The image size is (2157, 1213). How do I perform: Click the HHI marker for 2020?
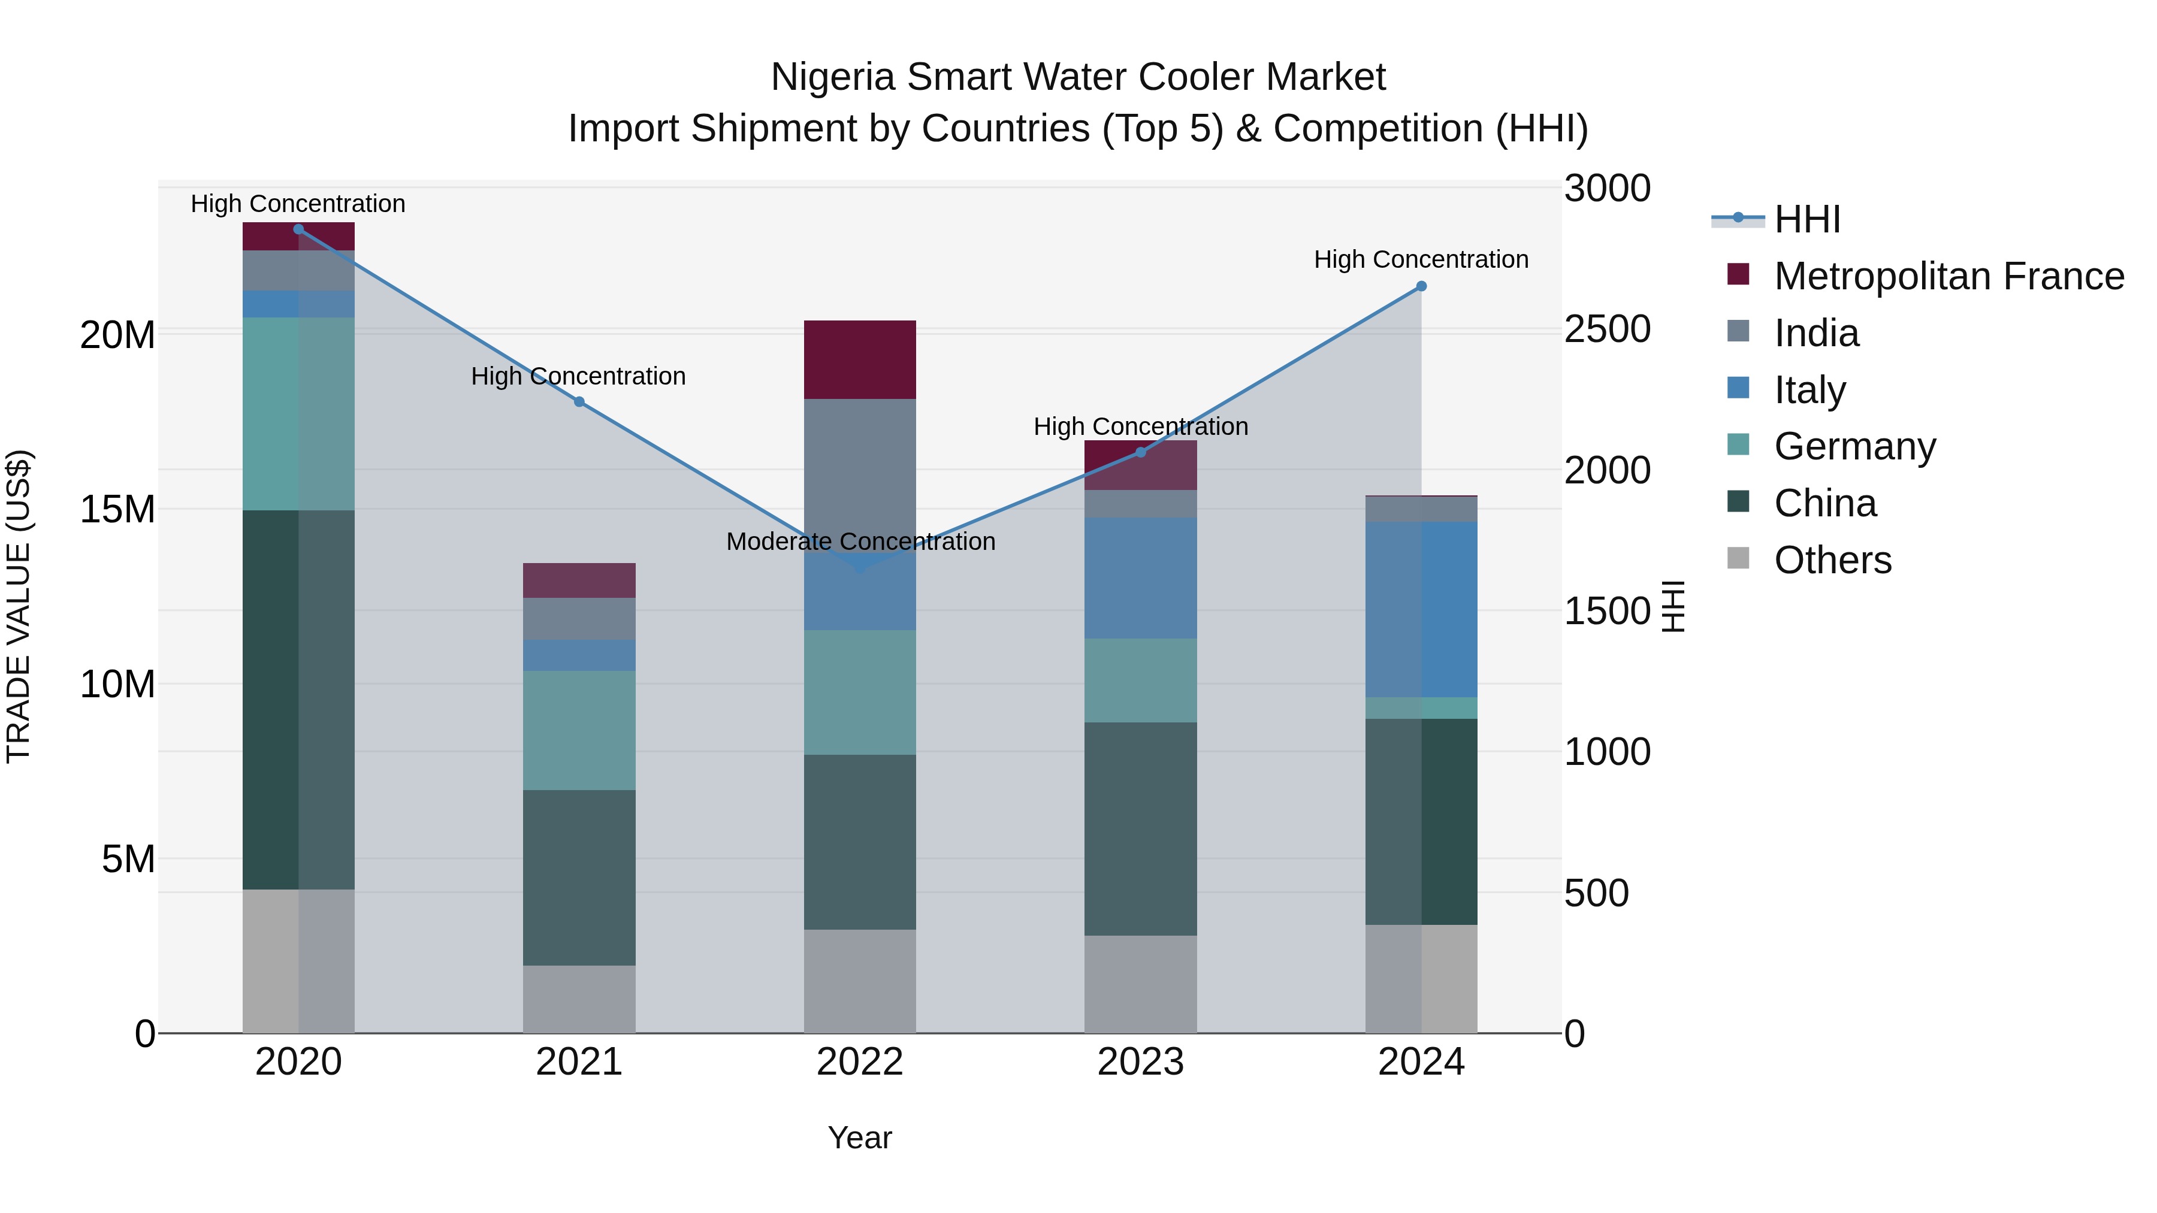point(298,229)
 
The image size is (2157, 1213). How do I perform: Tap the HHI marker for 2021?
point(579,402)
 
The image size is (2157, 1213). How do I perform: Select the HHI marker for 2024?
point(1421,286)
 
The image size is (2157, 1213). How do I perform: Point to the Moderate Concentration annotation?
point(860,542)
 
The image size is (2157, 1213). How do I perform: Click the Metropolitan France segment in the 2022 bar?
point(860,360)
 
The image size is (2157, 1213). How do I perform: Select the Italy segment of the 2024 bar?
point(1421,609)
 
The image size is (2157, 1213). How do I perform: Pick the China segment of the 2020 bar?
point(298,700)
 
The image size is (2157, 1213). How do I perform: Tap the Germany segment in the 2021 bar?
point(579,730)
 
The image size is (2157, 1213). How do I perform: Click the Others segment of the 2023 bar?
point(1140,984)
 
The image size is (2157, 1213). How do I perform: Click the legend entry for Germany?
point(1854,446)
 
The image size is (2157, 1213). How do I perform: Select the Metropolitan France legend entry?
point(1948,276)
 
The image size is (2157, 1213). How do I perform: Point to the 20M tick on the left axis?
point(117,335)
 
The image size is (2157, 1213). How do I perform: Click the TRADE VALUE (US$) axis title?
point(19,606)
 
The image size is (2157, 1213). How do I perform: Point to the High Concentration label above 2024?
point(1421,259)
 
